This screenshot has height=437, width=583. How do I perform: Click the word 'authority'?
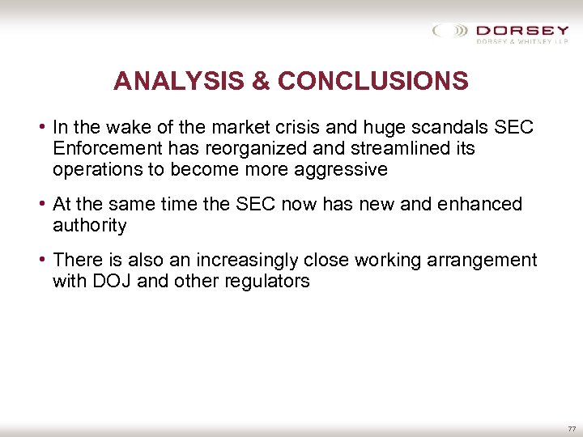click(x=90, y=226)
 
